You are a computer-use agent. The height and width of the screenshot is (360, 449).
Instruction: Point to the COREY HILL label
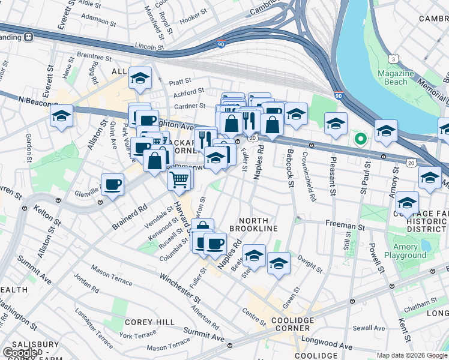pyautogui.click(x=145, y=322)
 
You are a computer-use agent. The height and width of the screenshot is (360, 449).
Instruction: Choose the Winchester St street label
pyautogui.click(x=179, y=287)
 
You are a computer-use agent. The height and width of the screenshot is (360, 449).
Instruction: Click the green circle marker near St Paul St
pyautogui.click(x=360, y=139)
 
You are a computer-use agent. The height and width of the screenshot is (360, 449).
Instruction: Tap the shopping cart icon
pyautogui.click(x=179, y=179)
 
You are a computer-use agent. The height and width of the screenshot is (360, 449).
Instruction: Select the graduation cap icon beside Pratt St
pyautogui.click(x=140, y=78)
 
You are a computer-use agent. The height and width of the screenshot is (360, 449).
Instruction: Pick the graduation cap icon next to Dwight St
pyautogui.click(x=278, y=263)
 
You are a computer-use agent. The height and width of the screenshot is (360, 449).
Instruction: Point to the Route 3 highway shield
pyautogui.click(x=393, y=59)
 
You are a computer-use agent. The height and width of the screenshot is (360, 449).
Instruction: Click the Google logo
pyautogui.click(x=21, y=352)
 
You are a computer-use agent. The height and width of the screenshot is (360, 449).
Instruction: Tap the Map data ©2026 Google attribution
pyautogui.click(x=412, y=355)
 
